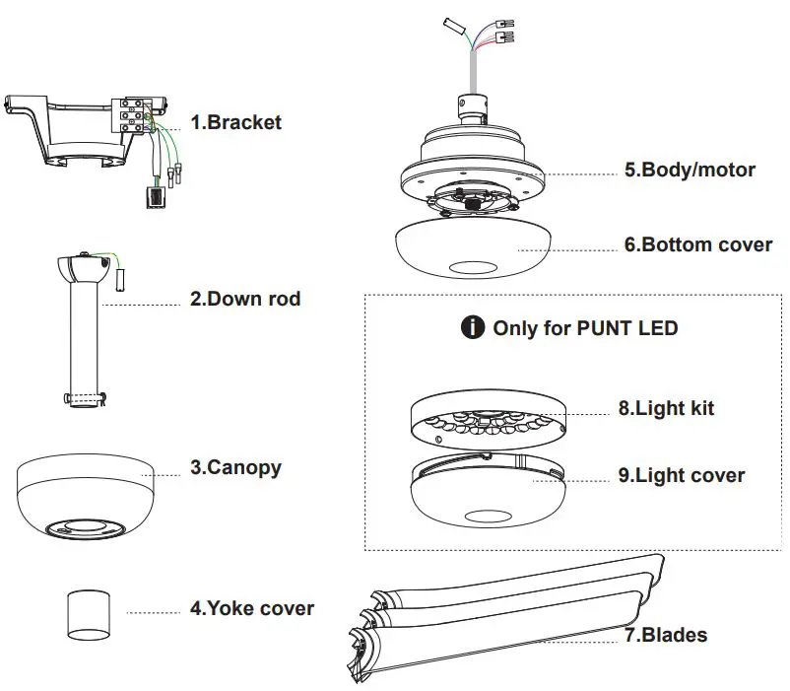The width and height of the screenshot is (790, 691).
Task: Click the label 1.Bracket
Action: (x=235, y=122)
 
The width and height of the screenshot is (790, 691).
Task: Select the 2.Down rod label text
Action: (x=245, y=298)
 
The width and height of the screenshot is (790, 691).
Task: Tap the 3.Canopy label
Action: (x=235, y=467)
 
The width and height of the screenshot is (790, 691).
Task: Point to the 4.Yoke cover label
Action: (x=252, y=608)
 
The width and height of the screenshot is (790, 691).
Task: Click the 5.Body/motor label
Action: (x=690, y=170)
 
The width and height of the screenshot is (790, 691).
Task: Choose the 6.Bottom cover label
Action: (x=698, y=244)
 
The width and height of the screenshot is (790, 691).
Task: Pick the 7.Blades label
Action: (x=666, y=635)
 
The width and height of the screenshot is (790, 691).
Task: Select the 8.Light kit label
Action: (x=666, y=408)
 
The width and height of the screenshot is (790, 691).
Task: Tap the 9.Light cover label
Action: (x=682, y=475)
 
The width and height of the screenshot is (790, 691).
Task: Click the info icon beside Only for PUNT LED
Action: (x=473, y=327)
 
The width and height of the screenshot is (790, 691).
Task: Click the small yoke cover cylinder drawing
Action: (x=86, y=615)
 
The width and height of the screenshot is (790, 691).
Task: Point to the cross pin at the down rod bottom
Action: (x=86, y=398)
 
